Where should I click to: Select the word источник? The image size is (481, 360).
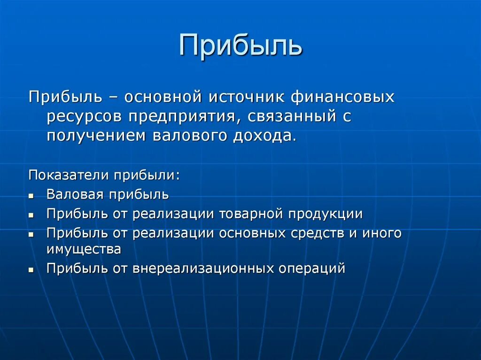click(241, 97)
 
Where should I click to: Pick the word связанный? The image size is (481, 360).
click(289, 117)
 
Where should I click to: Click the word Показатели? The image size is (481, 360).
click(68, 175)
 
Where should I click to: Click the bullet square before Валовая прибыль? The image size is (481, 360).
click(31, 195)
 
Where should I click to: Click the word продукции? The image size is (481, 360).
click(326, 214)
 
